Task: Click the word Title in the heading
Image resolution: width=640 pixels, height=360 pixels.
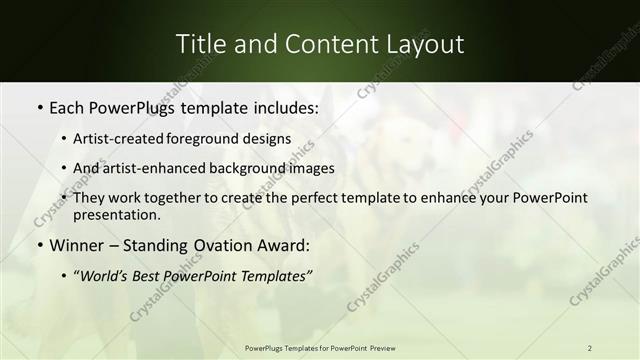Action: pyautogui.click(x=198, y=44)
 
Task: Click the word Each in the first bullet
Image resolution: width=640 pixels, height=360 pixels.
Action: pyautogui.click(x=66, y=106)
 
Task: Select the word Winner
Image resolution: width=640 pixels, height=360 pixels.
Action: pyautogui.click(x=77, y=245)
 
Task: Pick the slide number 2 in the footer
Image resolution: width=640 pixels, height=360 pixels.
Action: pyautogui.click(x=590, y=347)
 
